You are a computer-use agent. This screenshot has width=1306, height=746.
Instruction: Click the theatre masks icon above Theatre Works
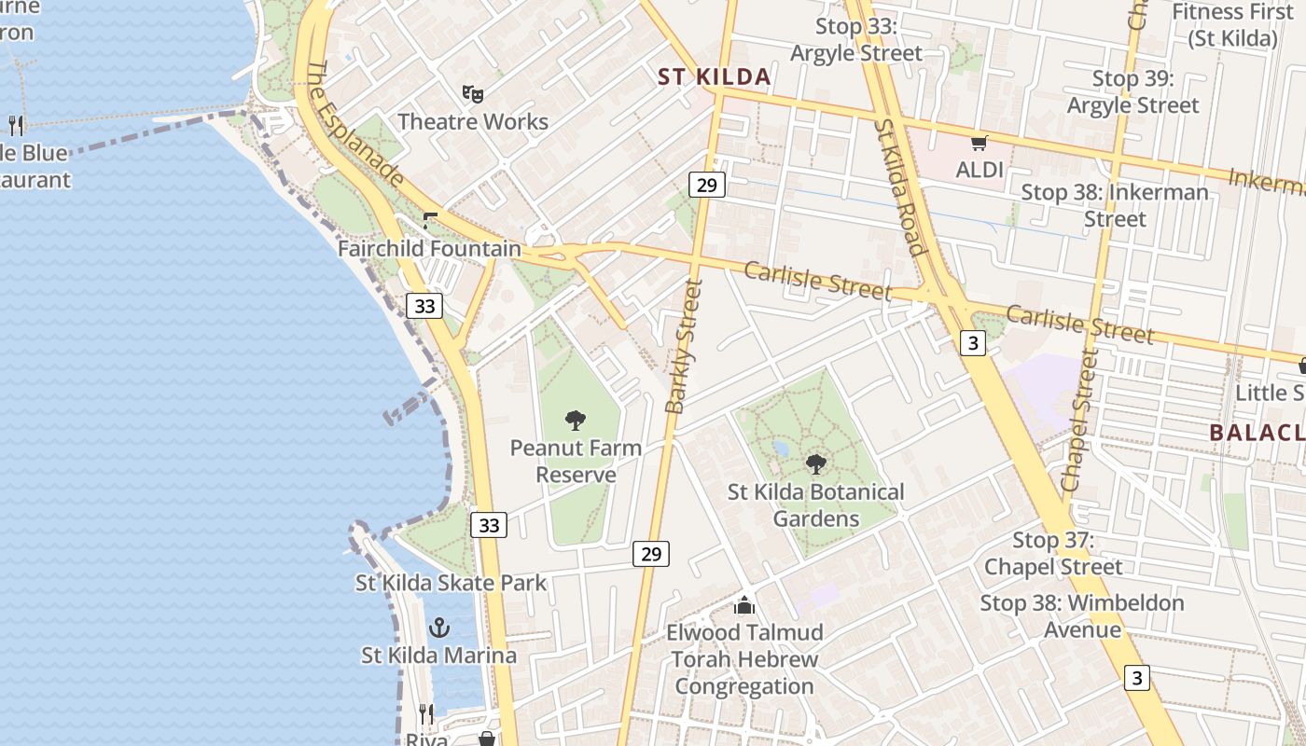pos(473,93)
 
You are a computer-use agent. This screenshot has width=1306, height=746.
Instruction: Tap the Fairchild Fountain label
pos(429,249)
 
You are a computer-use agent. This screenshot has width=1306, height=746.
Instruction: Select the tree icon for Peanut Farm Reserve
pos(576,421)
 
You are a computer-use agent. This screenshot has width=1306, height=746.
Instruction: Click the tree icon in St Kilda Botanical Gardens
pos(816,463)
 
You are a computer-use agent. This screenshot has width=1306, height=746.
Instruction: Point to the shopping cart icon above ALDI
pos(979,143)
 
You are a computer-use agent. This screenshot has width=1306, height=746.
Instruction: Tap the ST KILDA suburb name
pos(715,77)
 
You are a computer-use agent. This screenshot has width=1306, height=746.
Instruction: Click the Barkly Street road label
pos(683,346)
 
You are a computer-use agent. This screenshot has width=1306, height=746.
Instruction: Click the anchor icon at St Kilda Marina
pos(438,628)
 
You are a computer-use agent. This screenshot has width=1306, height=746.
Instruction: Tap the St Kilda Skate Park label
pos(451,583)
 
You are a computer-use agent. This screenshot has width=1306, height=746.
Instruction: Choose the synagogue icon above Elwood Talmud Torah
pos(743,606)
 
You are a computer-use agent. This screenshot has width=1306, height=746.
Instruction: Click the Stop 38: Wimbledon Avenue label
pos(1082,616)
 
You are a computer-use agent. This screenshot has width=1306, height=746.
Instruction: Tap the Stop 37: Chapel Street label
pos(1053,553)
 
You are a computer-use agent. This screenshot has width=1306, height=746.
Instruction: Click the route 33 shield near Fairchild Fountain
pos(424,306)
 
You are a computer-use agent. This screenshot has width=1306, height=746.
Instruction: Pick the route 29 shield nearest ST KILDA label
pos(707,185)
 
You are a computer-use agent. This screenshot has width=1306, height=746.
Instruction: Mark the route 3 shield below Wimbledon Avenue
pos(1136,678)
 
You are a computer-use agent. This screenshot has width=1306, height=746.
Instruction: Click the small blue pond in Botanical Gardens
pos(781,449)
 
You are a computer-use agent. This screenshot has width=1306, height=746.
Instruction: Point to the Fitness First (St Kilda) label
pos(1232,25)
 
